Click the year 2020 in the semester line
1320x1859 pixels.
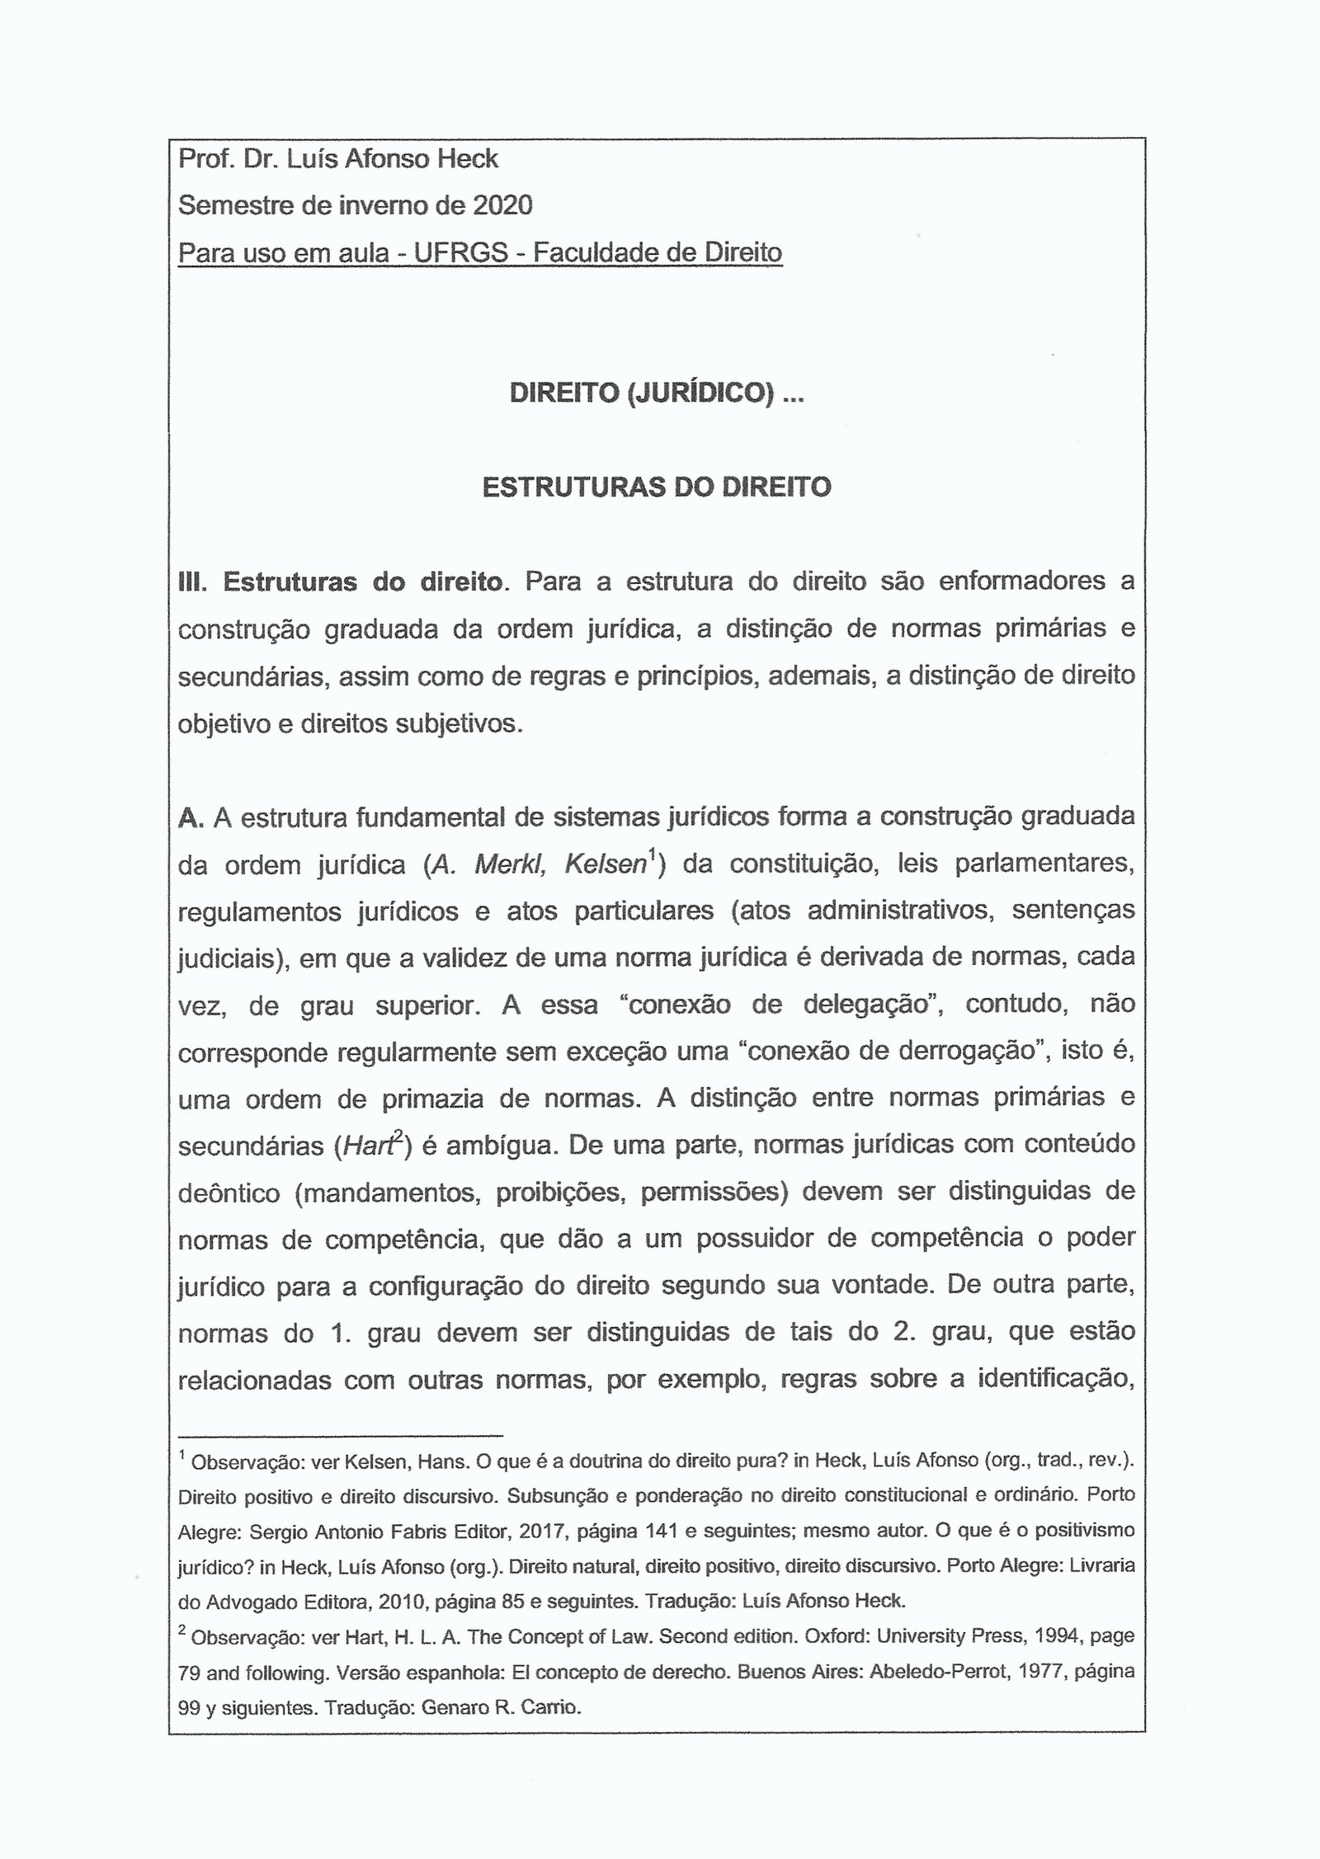(x=502, y=205)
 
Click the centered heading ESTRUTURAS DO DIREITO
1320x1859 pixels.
(x=656, y=487)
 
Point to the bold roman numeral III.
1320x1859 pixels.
(x=191, y=582)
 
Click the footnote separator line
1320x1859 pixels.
(x=340, y=1433)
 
